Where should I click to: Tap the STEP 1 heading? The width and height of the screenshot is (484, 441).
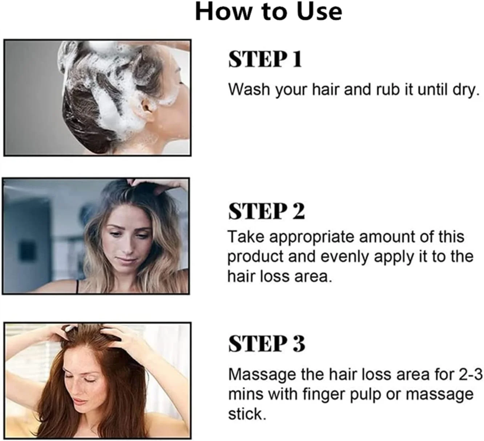pyautogui.click(x=265, y=60)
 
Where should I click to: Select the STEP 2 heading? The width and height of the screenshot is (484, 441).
pyautogui.click(x=267, y=211)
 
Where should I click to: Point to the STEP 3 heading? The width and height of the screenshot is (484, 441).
pyautogui.click(x=267, y=344)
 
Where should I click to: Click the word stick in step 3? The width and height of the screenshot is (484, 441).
pyautogui.click(x=247, y=414)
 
